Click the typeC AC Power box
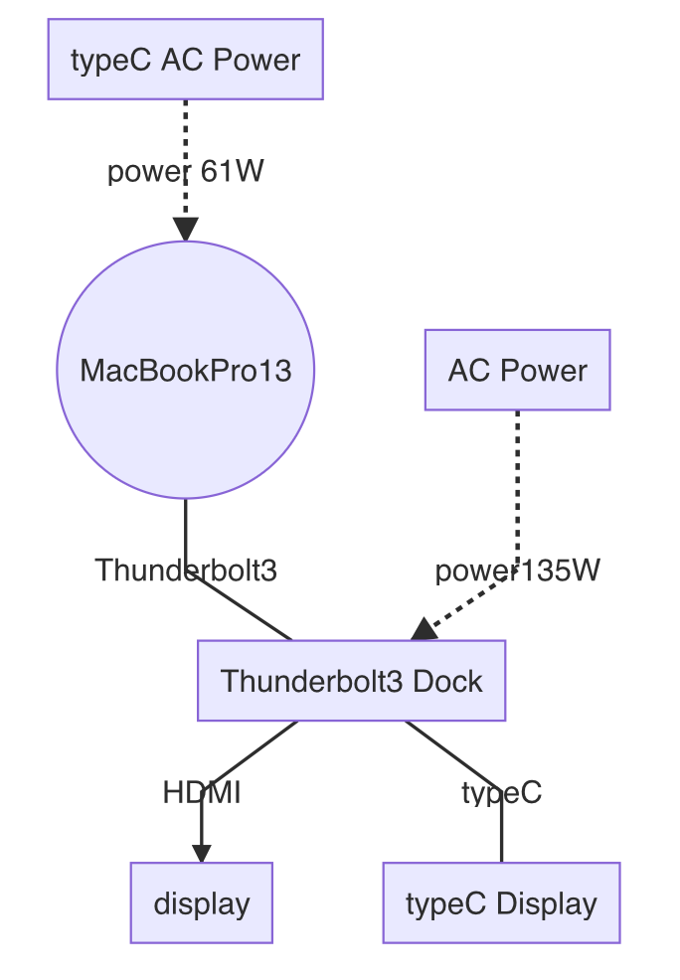(186, 60)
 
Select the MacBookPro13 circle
(186, 370)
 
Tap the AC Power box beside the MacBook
(517, 370)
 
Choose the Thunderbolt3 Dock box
(351, 681)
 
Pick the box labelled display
(201, 903)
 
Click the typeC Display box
(501, 903)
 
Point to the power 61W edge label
(185, 172)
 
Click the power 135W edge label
(517, 571)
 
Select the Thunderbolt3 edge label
(185, 571)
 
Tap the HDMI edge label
(201, 792)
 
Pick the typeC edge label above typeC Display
(501, 792)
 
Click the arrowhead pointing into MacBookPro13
(185, 231)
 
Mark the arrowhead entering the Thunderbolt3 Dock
(425, 629)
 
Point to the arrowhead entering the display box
(201, 854)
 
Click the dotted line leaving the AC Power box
(517, 477)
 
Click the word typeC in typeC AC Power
(108, 60)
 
